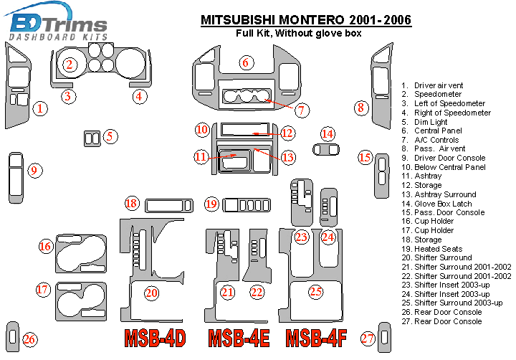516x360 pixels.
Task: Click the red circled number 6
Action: click(245, 62)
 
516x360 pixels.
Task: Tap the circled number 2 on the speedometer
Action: click(70, 65)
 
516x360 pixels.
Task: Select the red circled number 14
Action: click(328, 133)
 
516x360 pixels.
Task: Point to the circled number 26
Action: click(29, 340)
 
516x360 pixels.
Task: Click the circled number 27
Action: click(368, 339)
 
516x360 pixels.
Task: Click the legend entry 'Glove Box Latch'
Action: click(443, 204)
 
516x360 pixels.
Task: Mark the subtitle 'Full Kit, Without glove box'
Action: click(299, 33)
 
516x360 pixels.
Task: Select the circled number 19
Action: click(211, 204)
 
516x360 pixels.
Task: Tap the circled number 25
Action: click(315, 291)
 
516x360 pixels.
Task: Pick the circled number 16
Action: click(45, 247)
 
